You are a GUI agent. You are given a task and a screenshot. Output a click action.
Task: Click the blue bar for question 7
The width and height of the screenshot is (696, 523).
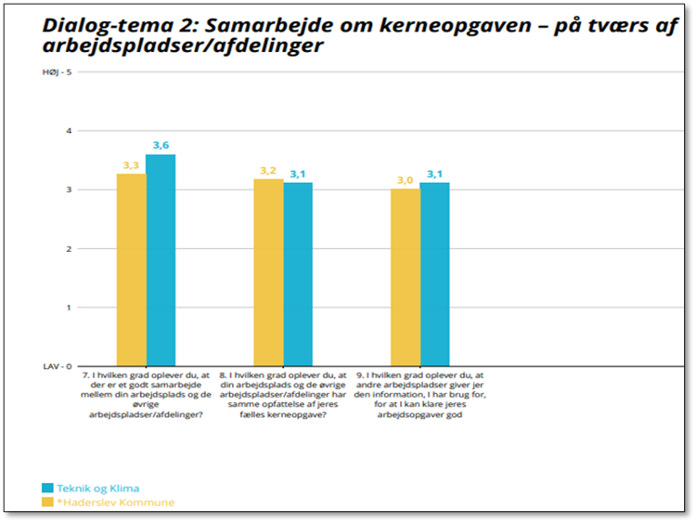(161, 260)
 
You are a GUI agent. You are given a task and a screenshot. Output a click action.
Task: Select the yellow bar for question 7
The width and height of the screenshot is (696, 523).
(131, 269)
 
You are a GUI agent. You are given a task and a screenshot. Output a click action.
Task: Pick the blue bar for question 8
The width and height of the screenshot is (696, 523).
(298, 274)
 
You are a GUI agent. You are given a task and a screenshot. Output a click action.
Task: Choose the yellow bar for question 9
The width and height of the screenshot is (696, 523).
(405, 277)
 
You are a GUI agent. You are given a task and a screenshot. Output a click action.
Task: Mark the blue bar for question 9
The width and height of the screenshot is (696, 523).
(434, 274)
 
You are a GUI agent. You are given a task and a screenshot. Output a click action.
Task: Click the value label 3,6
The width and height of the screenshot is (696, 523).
(161, 145)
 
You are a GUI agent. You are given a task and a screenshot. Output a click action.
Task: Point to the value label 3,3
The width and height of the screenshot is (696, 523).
(131, 165)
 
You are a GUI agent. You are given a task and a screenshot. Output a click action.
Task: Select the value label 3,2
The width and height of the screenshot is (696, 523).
(268, 170)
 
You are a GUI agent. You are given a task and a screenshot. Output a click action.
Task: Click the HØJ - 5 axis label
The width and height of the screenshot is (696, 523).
(58, 72)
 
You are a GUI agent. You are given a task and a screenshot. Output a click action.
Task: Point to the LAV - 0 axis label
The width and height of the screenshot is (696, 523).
(58, 366)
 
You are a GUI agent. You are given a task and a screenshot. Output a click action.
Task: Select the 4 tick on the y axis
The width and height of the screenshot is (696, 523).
(68, 131)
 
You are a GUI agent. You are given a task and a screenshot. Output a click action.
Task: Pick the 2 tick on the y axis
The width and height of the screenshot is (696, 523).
(68, 249)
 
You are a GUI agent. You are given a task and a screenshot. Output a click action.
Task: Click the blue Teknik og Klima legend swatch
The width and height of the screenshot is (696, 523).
(48, 488)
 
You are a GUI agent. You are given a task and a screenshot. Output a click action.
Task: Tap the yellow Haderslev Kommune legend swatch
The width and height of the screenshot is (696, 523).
(48, 503)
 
